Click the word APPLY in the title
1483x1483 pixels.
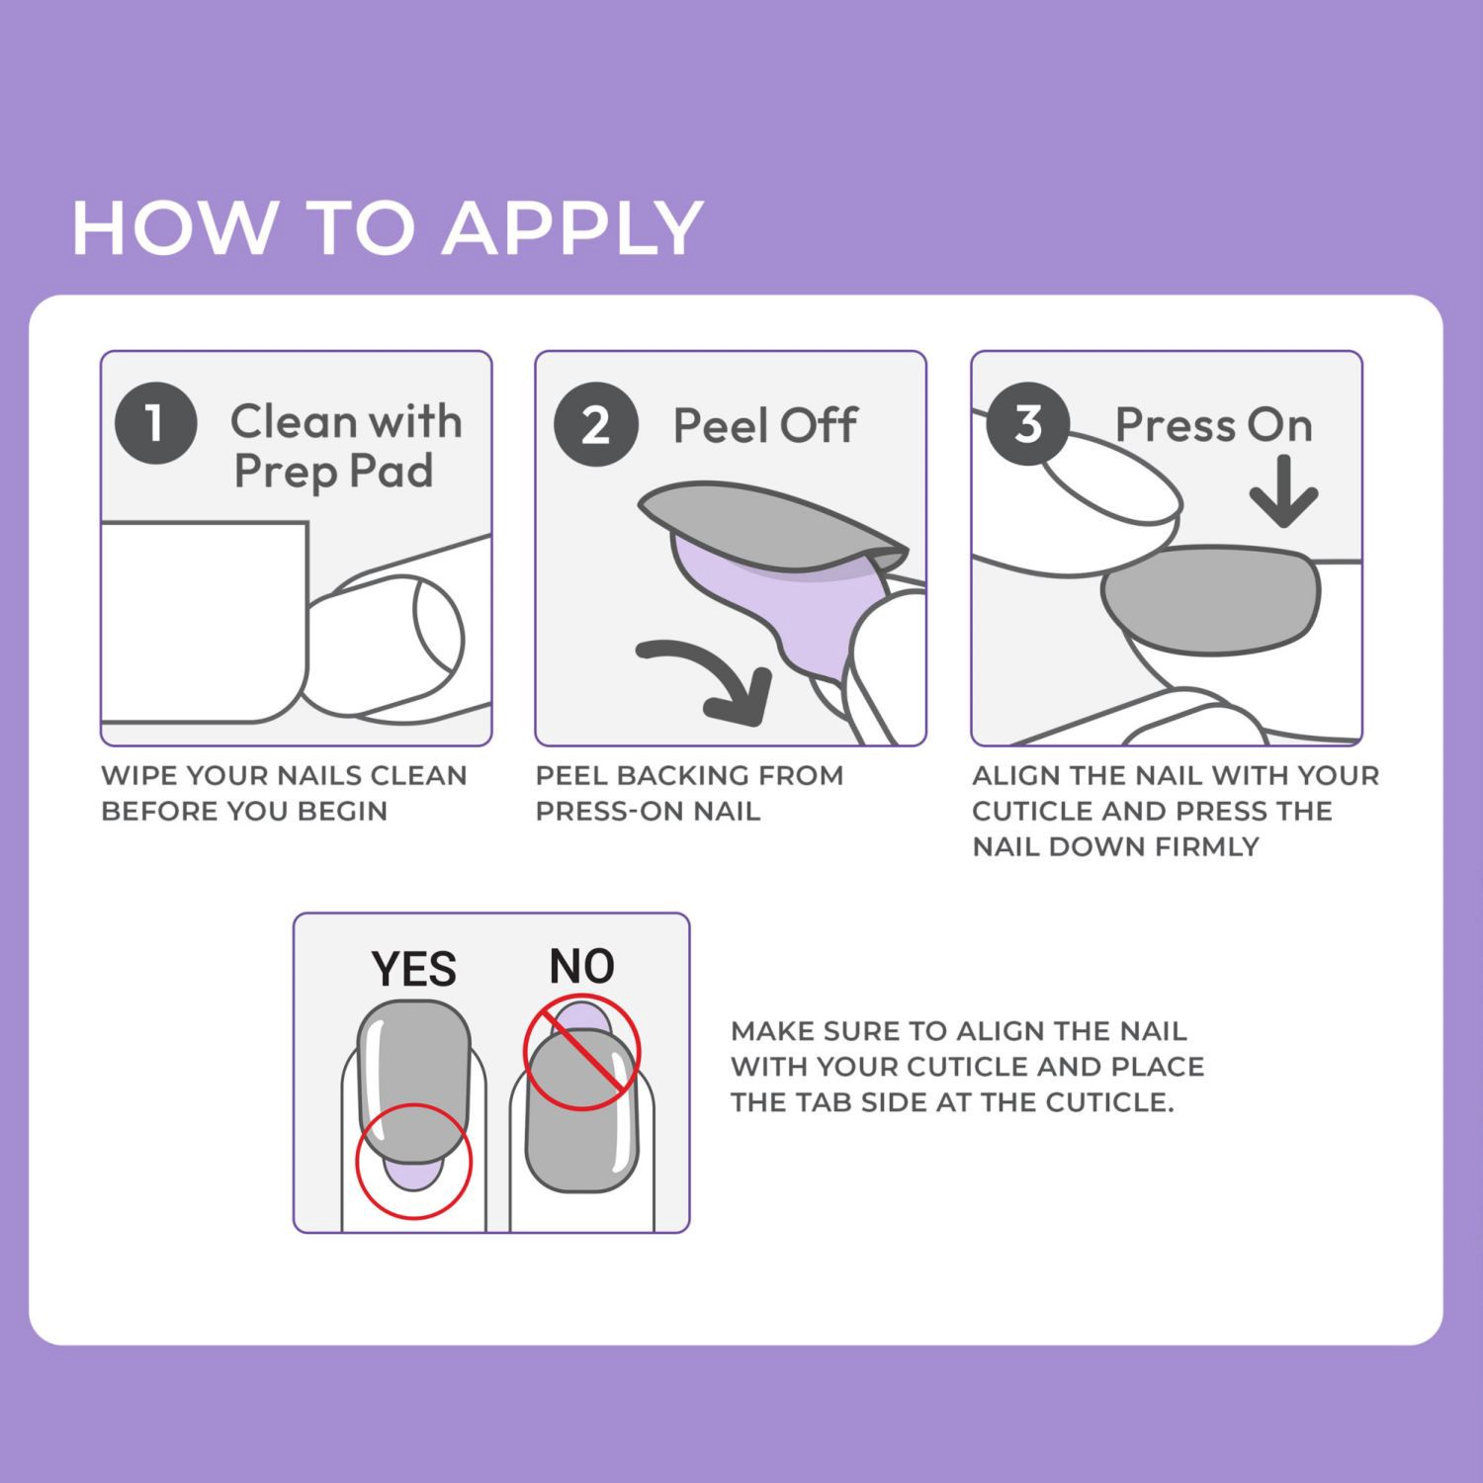pos(573,228)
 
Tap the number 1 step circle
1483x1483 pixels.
pos(155,423)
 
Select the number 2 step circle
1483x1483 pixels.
pos(594,425)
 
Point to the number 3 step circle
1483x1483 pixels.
pos(1028,423)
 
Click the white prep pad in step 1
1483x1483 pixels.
pos(203,621)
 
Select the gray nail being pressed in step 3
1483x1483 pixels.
pos(1211,600)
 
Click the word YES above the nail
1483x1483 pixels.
pos(413,969)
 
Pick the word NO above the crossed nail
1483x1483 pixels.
pos(581,966)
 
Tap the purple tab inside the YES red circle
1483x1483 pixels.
pos(413,1175)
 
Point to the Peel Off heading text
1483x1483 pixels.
pos(764,426)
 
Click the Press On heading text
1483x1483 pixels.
pos(1213,425)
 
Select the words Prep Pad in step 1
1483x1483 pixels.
pos(333,471)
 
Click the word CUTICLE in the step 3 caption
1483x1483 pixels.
pos(1029,811)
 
